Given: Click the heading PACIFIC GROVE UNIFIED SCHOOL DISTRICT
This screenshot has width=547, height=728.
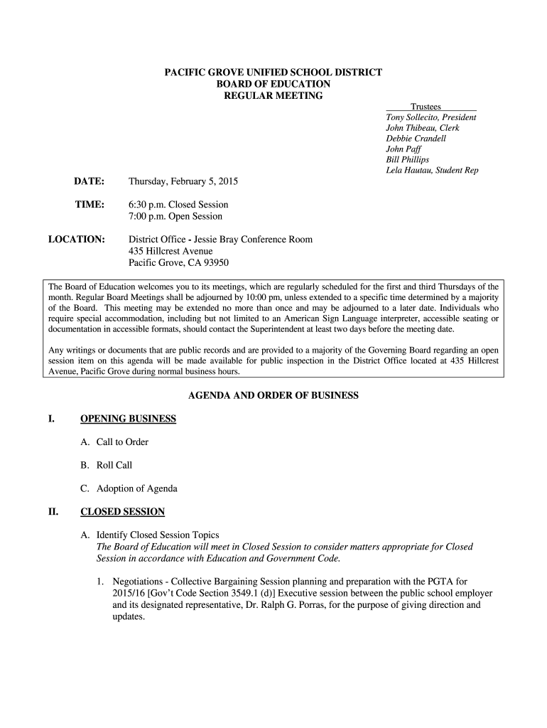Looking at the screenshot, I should (273, 73).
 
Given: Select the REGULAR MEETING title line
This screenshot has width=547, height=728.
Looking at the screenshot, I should (273, 95).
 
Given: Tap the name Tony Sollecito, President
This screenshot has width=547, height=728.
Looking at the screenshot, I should (430, 117).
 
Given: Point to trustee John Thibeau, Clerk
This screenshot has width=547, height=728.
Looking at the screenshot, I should (422, 128).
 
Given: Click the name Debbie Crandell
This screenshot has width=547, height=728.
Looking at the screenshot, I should (416, 139).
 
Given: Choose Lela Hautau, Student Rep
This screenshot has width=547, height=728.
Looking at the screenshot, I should (432, 171).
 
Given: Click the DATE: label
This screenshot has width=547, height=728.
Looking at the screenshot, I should (90, 182).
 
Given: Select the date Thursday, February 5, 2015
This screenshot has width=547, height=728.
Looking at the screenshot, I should (183, 182).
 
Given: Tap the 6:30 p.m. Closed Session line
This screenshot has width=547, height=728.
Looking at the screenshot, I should (178, 205).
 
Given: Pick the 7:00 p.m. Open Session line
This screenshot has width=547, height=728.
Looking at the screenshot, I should (175, 216).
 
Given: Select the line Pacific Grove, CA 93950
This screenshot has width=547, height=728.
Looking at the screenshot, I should (178, 262).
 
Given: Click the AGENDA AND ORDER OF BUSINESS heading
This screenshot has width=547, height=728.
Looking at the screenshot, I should (273, 395).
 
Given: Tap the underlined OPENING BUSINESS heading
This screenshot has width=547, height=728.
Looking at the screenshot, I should (128, 419).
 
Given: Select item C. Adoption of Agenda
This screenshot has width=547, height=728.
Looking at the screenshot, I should (129, 488).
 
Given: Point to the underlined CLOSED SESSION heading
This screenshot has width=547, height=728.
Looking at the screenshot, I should (122, 512).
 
